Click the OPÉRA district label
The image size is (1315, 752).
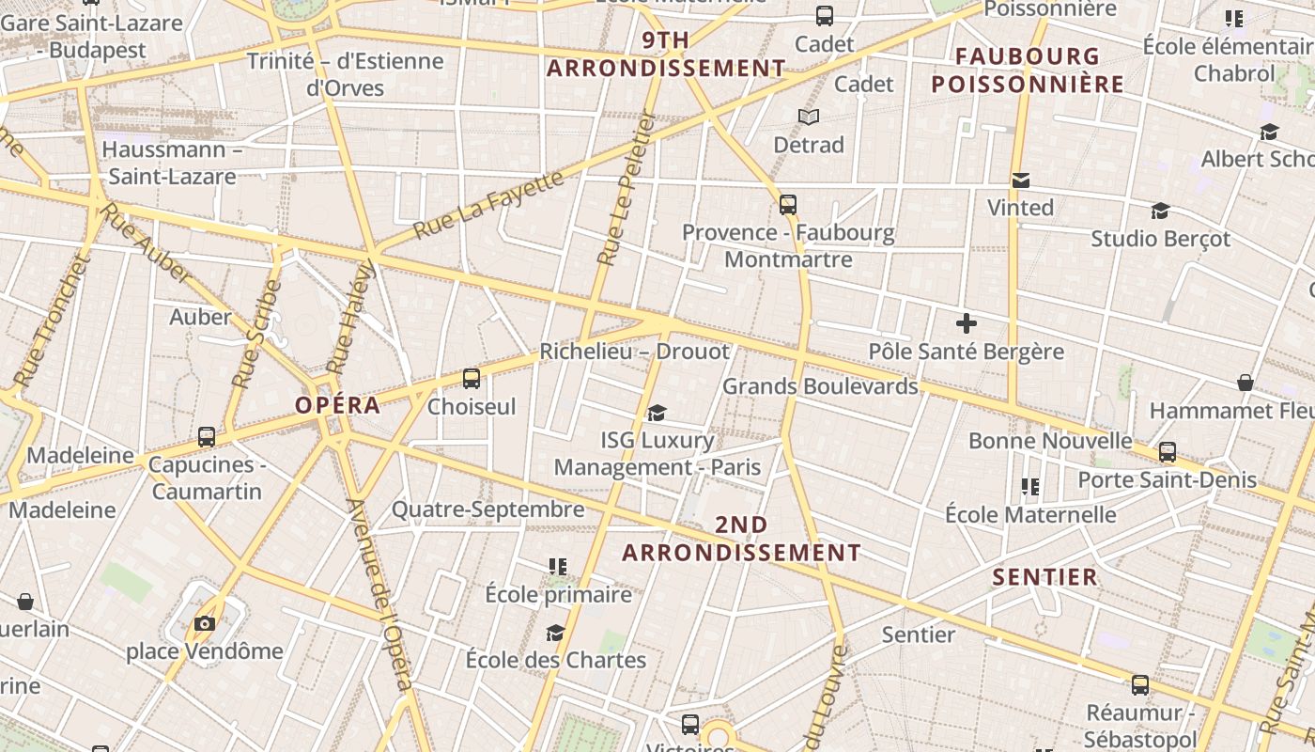pos(338,406)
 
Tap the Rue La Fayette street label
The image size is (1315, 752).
pos(488,203)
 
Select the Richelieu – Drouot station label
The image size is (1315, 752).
pos(634,352)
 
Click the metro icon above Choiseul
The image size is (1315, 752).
pos(472,379)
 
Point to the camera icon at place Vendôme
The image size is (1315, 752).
pos(204,623)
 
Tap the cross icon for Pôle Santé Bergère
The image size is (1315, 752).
pos(966,324)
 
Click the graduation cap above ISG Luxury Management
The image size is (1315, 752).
pos(657,413)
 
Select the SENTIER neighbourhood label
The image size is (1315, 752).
pos(1045,577)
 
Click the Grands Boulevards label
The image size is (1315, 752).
pos(820,386)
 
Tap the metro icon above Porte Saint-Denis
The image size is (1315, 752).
pos(1168,452)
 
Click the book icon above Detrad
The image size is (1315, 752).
pos(809,117)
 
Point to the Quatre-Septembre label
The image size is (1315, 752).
pos(487,509)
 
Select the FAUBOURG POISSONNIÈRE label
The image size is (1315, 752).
pos(1028,70)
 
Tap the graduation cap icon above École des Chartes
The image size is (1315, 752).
pos(556,633)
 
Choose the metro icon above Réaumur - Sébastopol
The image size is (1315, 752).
pos(1140,685)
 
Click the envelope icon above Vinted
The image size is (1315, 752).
pos(1021,180)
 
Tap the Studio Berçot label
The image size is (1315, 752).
pos(1160,239)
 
